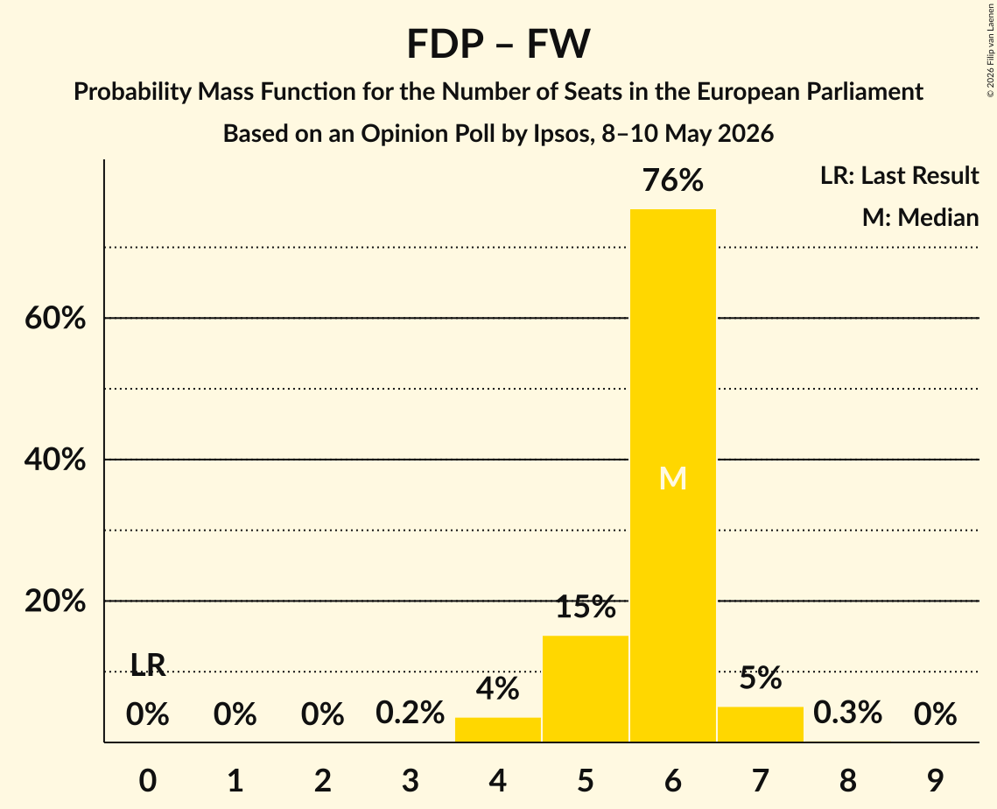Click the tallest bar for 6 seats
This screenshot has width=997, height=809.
673,475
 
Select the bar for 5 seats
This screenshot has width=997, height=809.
585,689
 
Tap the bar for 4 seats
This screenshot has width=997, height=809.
498,729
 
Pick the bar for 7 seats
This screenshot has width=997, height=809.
761,724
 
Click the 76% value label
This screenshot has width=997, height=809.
673,180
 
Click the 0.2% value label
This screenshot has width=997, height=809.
411,713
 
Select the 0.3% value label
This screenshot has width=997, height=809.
847,713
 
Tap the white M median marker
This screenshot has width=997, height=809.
673,478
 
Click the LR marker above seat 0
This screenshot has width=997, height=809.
148,665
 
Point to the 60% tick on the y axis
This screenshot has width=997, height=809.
55,317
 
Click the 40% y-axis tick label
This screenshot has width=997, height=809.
55,459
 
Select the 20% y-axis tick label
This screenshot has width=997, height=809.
55,601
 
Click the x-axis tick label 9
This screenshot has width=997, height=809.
936,780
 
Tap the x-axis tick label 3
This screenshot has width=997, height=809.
411,780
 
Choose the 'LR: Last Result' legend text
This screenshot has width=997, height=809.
899,175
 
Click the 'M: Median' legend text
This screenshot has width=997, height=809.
920,217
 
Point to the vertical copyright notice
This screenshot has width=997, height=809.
990,50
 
